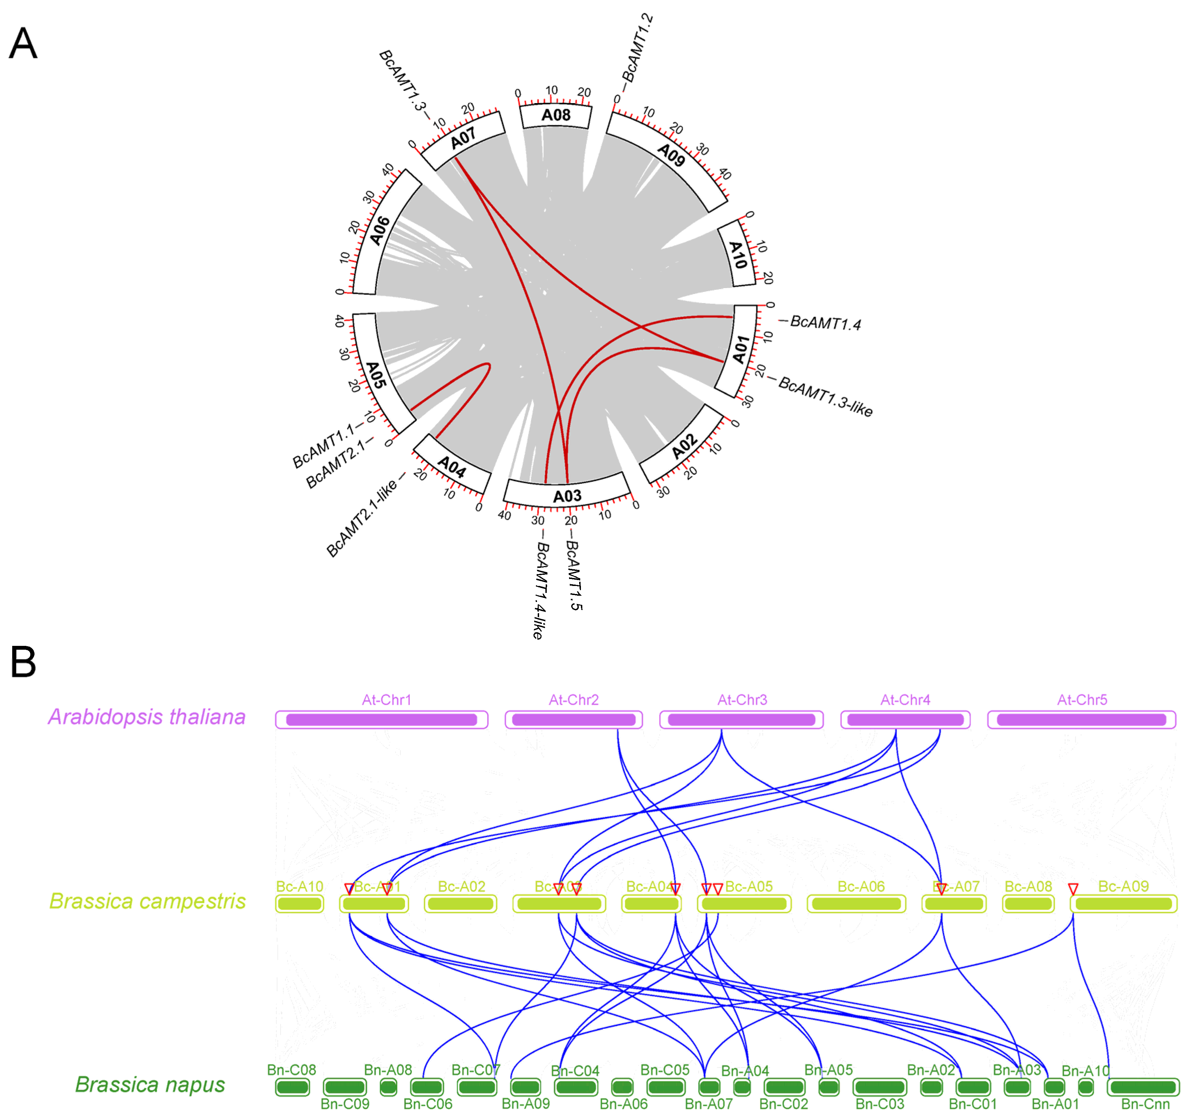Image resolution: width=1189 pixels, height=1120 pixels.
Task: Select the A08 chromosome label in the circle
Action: (555, 115)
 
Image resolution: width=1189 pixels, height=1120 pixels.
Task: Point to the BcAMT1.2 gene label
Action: (638, 49)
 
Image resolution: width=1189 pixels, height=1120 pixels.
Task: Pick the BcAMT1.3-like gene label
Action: (825, 396)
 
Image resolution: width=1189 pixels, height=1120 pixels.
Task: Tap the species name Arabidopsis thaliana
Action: (146, 717)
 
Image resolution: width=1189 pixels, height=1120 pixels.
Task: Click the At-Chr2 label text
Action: (574, 700)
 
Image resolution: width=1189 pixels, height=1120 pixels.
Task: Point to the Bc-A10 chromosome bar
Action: (299, 904)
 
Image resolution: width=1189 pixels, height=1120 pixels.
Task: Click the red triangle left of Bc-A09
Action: (1073, 889)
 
